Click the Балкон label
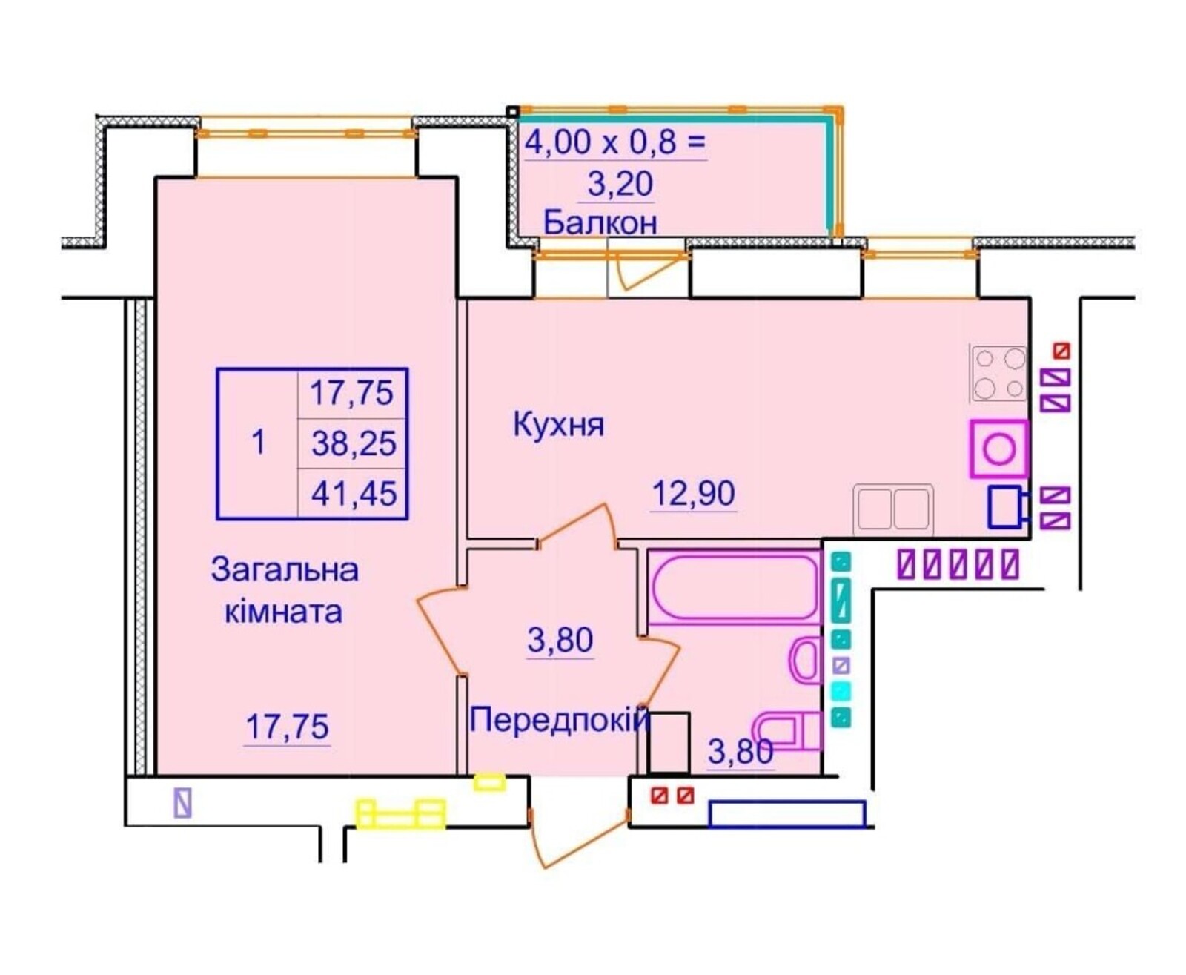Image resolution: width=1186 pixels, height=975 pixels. (x=600, y=222)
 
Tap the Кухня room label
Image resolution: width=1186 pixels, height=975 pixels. (x=558, y=426)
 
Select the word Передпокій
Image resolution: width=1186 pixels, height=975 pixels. (x=558, y=720)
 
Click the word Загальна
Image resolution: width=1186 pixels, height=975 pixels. (x=285, y=570)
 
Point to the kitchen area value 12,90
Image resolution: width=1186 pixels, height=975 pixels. (x=693, y=493)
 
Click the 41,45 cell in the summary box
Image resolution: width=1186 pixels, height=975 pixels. (x=354, y=493)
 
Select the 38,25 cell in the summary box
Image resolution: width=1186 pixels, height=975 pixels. (x=354, y=443)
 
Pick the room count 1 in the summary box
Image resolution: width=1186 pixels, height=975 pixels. (x=258, y=443)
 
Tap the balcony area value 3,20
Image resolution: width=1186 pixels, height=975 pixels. (x=620, y=183)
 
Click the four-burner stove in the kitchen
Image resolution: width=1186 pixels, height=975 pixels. (x=998, y=372)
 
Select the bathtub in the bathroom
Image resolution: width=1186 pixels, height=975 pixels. (x=734, y=587)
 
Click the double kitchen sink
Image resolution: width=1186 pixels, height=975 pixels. (x=893, y=509)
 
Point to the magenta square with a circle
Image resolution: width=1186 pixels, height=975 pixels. (x=998, y=449)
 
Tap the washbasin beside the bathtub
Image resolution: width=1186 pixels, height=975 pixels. (x=806, y=661)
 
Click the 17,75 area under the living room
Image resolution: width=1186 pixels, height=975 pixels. (x=287, y=727)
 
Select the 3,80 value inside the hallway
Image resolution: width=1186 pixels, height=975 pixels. (x=560, y=640)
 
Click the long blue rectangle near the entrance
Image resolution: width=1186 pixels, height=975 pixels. (x=786, y=814)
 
